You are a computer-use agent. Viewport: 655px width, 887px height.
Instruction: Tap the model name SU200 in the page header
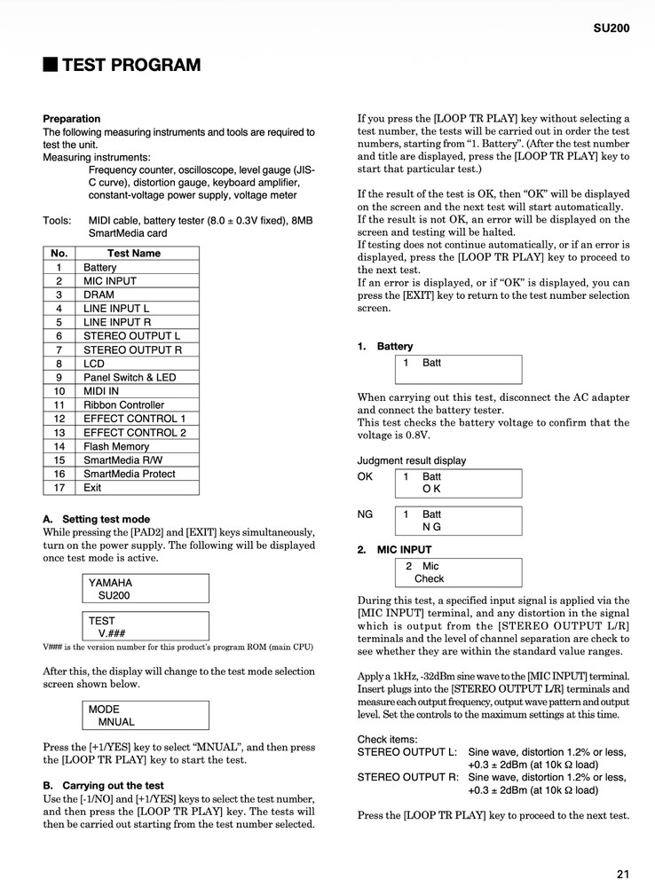click(x=612, y=27)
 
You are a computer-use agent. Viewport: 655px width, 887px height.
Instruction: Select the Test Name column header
click(x=133, y=253)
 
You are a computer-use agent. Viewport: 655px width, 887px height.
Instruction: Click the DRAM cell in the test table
click(x=99, y=294)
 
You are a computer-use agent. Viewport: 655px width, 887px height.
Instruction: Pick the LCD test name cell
click(x=94, y=364)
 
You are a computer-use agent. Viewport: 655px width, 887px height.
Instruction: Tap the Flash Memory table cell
click(x=116, y=446)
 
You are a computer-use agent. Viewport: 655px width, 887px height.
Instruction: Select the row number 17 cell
click(x=59, y=488)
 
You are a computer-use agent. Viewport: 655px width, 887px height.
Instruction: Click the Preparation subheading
click(x=71, y=119)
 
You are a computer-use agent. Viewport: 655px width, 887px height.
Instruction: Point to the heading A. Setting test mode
click(x=96, y=519)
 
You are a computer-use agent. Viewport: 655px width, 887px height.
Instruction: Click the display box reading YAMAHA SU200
click(x=144, y=589)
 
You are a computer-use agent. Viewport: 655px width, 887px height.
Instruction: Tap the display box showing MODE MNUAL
click(x=144, y=716)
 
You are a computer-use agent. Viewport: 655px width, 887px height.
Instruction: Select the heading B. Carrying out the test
click(x=103, y=785)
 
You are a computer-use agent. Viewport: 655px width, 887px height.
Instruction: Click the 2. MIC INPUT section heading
click(x=396, y=550)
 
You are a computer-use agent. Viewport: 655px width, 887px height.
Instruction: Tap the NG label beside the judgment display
click(x=365, y=514)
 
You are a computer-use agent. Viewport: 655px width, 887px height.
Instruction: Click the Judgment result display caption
click(x=411, y=460)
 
